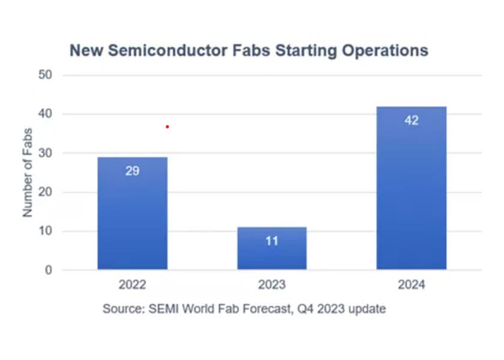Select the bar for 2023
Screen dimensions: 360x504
(272, 248)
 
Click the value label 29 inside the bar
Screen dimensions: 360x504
(133, 171)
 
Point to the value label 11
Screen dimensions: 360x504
(272, 241)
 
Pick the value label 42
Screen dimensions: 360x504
(412, 120)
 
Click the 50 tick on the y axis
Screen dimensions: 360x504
(47, 75)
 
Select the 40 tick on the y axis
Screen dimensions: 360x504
(47, 114)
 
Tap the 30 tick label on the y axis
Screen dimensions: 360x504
(47, 153)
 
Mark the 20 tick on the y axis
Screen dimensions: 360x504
(47, 192)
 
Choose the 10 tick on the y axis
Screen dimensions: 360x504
(47, 231)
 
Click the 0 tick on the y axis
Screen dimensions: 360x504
(49, 270)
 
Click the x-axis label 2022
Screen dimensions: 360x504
(133, 285)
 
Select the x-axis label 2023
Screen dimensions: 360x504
(272, 285)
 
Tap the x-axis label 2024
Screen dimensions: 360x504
(412, 285)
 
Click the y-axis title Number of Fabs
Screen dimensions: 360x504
(28, 173)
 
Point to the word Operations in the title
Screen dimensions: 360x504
(385, 50)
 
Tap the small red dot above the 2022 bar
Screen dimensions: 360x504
(167, 127)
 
